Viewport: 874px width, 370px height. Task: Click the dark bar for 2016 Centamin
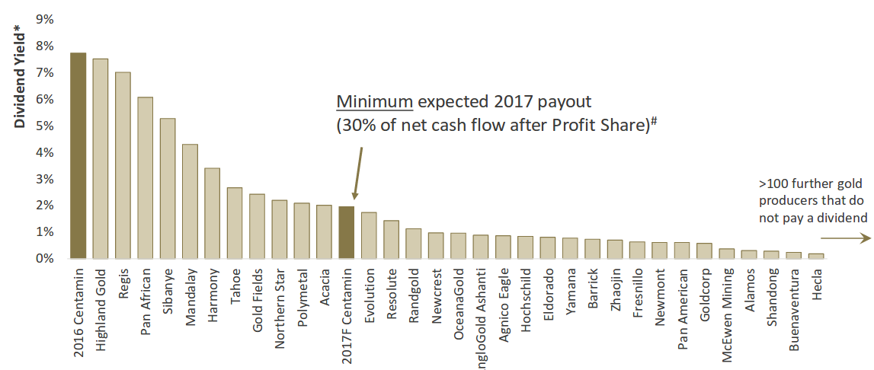(78, 156)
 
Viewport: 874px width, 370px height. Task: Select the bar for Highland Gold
(101, 159)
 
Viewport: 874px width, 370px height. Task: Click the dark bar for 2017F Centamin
(346, 233)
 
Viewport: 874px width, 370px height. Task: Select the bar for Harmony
(213, 214)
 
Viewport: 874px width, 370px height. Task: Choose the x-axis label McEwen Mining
(727, 309)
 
